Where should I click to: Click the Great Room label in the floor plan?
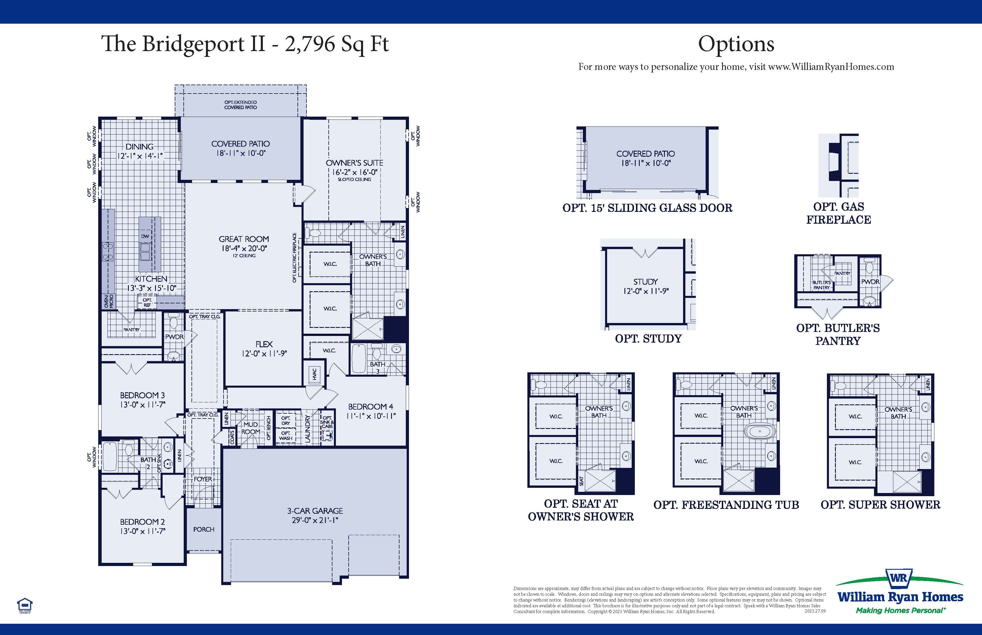[x=243, y=239]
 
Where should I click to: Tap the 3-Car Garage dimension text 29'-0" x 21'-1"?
[x=315, y=520]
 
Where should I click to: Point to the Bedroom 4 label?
[x=371, y=407]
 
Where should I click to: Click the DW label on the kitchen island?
[x=145, y=236]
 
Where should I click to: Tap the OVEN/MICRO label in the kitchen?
[x=109, y=301]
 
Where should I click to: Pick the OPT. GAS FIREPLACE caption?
[x=838, y=213]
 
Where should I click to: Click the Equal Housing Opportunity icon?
[x=25, y=606]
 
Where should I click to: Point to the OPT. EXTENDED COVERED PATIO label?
[x=241, y=105]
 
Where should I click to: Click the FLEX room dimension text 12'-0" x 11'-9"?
[x=264, y=353]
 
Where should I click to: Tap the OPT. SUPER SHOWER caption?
[x=880, y=505]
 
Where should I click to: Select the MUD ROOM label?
[x=250, y=428]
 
